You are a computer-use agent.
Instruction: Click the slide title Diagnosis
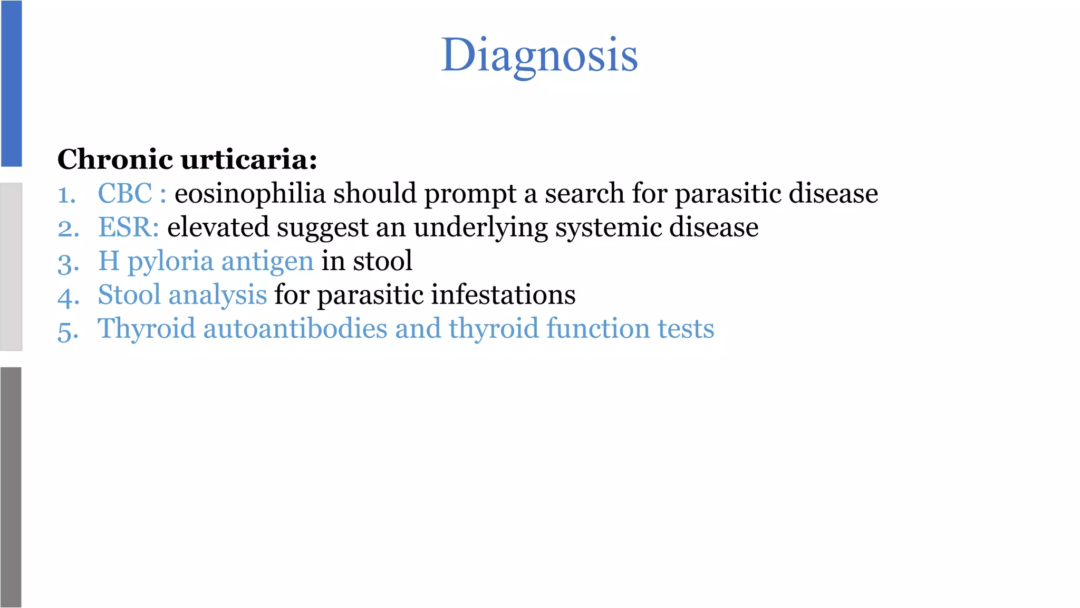click(x=539, y=55)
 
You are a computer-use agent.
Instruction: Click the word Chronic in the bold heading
click(x=115, y=159)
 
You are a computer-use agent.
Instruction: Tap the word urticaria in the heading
click(x=249, y=159)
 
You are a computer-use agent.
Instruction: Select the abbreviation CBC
click(x=125, y=193)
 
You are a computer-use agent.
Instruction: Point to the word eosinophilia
click(x=250, y=193)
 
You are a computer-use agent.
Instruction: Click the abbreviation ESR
click(x=128, y=227)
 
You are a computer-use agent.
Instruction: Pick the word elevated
click(x=218, y=227)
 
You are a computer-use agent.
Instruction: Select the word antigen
click(x=267, y=261)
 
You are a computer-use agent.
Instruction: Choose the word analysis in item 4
click(x=217, y=294)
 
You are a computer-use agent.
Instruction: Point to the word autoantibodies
click(x=295, y=328)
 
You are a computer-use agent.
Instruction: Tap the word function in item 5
click(x=597, y=328)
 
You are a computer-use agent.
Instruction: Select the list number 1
click(x=66, y=195)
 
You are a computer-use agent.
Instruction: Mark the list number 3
click(x=68, y=263)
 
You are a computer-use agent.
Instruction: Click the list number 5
click(x=68, y=330)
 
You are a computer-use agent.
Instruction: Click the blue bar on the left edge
click(x=11, y=83)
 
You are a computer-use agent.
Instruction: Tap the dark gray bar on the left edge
click(x=11, y=487)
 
